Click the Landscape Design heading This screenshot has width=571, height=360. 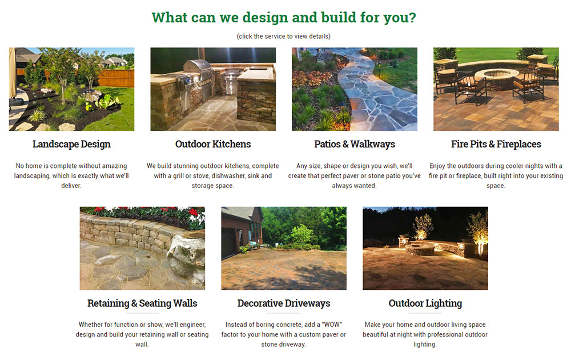[71, 145]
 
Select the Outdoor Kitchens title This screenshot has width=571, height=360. [213, 145]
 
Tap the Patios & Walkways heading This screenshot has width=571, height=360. [355, 145]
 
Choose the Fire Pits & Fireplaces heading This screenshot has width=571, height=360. [496, 145]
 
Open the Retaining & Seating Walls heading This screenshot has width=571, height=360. [142, 303]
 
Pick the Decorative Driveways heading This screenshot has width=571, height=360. [284, 303]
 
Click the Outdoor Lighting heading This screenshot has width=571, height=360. [425, 303]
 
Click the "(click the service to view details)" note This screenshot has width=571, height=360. [284, 37]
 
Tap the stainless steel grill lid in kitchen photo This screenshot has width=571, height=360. [198, 66]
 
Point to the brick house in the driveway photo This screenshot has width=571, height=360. [242, 228]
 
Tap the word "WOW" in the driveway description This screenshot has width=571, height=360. [332, 325]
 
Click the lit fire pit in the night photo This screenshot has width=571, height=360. [420, 250]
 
